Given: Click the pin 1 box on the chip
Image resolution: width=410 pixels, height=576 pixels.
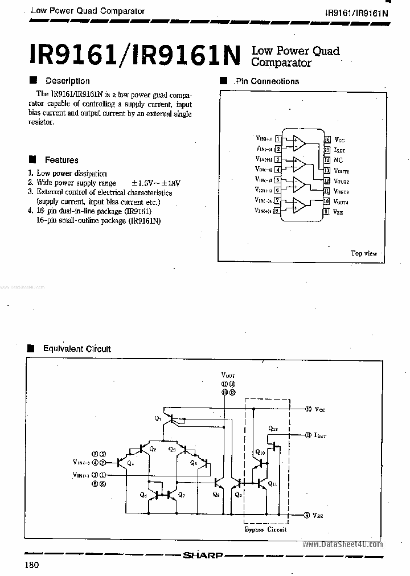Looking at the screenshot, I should (x=277, y=138).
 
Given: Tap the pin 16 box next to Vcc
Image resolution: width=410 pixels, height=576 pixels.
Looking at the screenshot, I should (x=327, y=139).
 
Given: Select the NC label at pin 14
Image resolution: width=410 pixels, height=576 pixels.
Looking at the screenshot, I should (x=338, y=161).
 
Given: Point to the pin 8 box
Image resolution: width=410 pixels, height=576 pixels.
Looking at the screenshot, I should (x=277, y=211).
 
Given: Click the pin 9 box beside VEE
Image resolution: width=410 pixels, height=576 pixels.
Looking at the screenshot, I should (x=326, y=212).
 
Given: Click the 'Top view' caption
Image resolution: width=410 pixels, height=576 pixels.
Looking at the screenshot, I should (x=363, y=253).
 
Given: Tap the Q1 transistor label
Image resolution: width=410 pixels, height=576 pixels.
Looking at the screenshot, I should (x=157, y=418).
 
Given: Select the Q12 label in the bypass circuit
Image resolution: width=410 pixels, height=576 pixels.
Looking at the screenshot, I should (x=273, y=427).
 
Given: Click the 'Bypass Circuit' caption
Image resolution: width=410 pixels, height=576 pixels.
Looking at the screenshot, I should (x=265, y=529).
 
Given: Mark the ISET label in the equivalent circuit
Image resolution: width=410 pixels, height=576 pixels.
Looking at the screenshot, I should (x=320, y=435).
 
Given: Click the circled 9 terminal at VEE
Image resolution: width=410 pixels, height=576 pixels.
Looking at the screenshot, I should (x=307, y=515).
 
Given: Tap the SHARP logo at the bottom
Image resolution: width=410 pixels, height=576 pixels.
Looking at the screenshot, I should (x=203, y=555).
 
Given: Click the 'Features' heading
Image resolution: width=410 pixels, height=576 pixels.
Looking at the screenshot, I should (x=61, y=160).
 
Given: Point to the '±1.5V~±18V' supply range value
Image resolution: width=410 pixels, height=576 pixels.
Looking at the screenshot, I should (x=155, y=183).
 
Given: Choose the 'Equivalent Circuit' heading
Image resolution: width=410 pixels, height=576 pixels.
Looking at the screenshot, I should (x=77, y=349).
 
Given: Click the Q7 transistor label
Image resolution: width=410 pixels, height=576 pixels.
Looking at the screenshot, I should (x=181, y=495).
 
